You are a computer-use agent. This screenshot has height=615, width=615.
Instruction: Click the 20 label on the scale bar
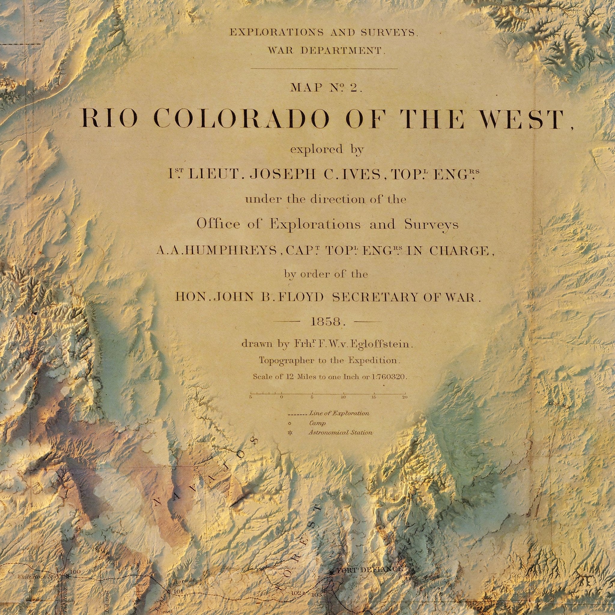(x=404, y=397)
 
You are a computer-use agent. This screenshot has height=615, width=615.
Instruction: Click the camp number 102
(x=295, y=584)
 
